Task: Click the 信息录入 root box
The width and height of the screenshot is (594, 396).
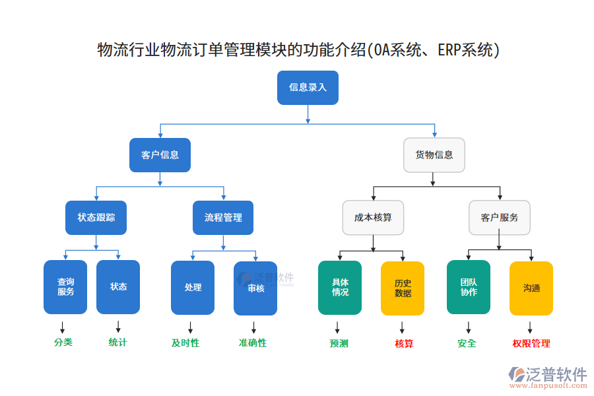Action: point(308,88)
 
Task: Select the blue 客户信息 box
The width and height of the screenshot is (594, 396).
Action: point(160,155)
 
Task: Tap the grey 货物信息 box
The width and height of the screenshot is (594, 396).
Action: point(434,155)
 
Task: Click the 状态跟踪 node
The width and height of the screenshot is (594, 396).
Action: point(96,218)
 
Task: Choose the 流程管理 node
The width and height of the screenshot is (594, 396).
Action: point(223,218)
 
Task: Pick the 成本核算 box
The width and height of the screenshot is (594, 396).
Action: point(373,218)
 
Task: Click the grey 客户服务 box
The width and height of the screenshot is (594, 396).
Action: point(499,218)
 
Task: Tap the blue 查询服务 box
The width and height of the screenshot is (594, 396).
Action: point(65,287)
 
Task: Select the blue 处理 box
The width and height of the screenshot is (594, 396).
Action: point(193,288)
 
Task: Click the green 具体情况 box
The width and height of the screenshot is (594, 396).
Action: point(340,288)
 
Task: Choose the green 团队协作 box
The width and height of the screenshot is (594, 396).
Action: point(469,288)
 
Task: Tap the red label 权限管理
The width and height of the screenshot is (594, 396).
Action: point(531,344)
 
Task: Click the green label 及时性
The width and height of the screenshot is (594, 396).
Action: point(185,343)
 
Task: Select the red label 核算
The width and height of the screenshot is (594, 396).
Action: point(403,344)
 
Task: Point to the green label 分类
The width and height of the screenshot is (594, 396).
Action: point(63,343)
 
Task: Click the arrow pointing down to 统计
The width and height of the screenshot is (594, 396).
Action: point(119,327)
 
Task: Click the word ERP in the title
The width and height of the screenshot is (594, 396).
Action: point(451,50)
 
